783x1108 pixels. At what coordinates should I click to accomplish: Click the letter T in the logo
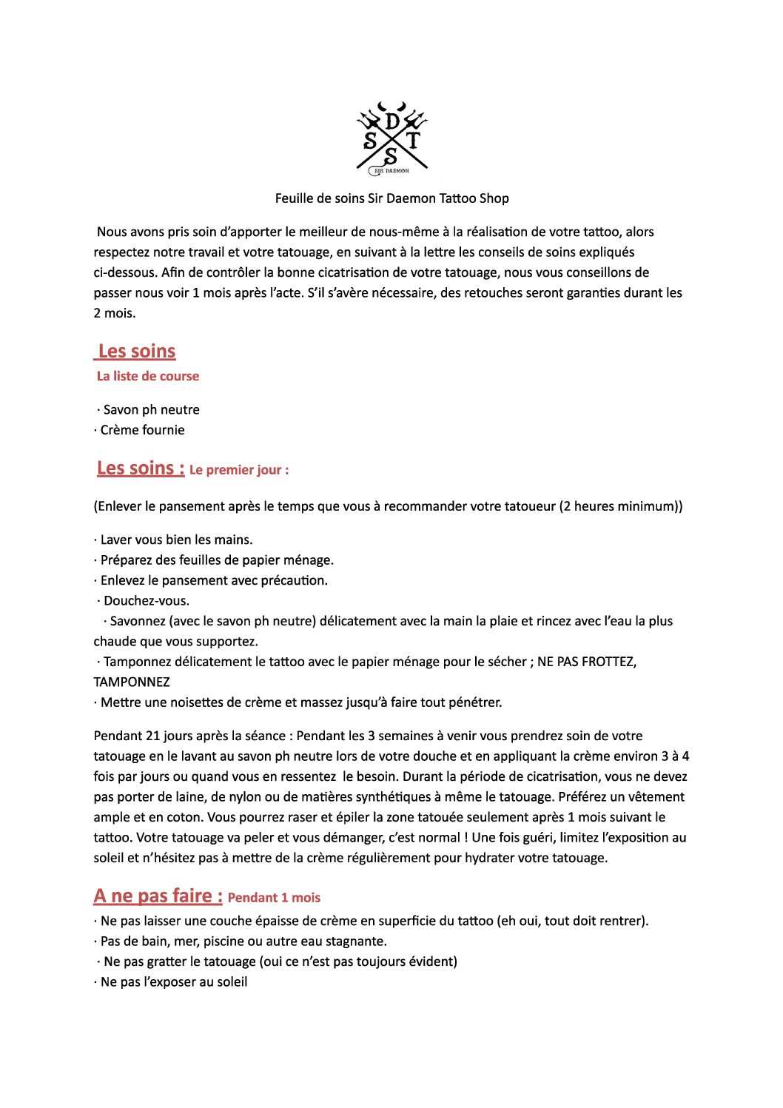413,141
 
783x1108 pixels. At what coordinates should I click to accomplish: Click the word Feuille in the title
295,198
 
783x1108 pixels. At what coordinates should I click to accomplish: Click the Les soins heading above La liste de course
137,352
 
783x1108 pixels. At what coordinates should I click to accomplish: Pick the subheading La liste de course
148,376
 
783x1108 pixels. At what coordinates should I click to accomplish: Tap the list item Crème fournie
142,430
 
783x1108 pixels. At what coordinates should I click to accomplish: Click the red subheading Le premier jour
238,470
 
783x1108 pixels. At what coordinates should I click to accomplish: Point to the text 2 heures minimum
620,507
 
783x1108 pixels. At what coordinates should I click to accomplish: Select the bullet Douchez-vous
146,601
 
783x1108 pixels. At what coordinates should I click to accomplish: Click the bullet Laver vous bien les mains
176,540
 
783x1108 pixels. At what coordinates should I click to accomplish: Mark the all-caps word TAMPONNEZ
132,682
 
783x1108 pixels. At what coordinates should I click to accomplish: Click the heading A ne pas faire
158,896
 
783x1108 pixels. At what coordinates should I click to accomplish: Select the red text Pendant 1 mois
274,898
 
